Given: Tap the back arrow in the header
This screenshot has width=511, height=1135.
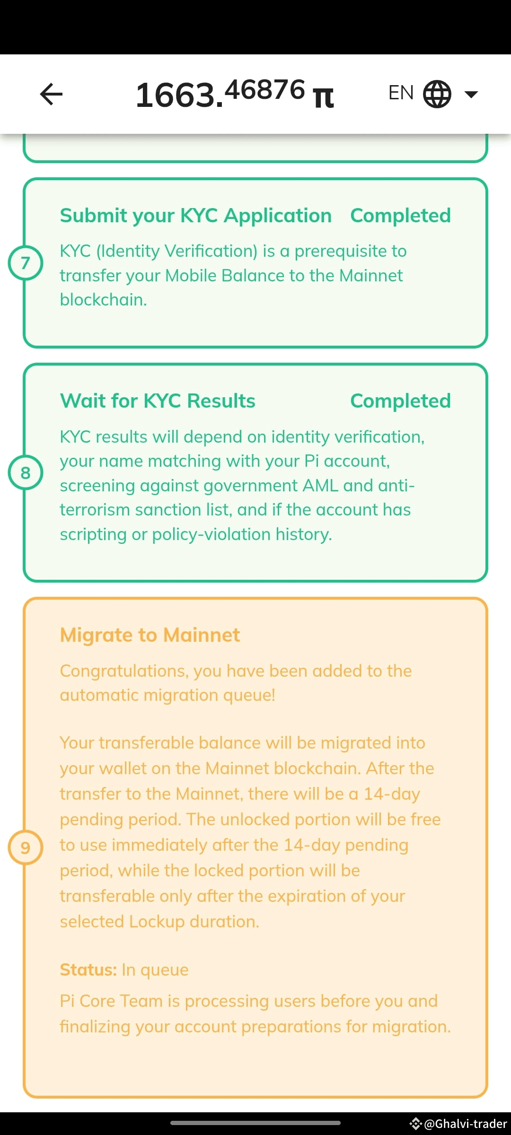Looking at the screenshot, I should pyautogui.click(x=51, y=94).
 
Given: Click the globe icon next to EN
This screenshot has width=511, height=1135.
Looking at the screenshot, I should pyautogui.click(x=437, y=94).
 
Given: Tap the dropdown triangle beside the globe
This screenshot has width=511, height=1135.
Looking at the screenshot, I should pyautogui.click(x=471, y=94).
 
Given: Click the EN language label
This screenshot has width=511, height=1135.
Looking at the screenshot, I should pyautogui.click(x=401, y=93).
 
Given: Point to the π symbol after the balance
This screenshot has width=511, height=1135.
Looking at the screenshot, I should pyautogui.click(x=324, y=97).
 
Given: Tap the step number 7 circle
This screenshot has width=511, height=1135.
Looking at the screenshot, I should pyautogui.click(x=26, y=263).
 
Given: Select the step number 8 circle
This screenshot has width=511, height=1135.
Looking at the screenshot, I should pyautogui.click(x=26, y=472).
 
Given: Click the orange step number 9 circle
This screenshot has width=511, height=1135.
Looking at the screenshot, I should pyautogui.click(x=26, y=847).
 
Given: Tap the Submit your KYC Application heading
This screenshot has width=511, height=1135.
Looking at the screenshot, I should pyautogui.click(x=195, y=216).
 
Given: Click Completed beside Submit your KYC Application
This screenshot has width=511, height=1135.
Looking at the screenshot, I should pyautogui.click(x=400, y=216).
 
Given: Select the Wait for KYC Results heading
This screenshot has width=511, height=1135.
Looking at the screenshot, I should pyautogui.click(x=158, y=401).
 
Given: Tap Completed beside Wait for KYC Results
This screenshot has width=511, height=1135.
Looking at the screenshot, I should pyautogui.click(x=400, y=401).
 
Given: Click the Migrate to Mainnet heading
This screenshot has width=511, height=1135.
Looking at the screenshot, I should pyautogui.click(x=150, y=635).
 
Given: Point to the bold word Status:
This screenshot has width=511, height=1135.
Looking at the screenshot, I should pyautogui.click(x=88, y=970).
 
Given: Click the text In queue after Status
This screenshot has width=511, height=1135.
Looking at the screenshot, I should pyautogui.click(x=155, y=970).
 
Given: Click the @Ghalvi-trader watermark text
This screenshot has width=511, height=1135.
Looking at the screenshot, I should pyautogui.click(x=466, y=1124).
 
